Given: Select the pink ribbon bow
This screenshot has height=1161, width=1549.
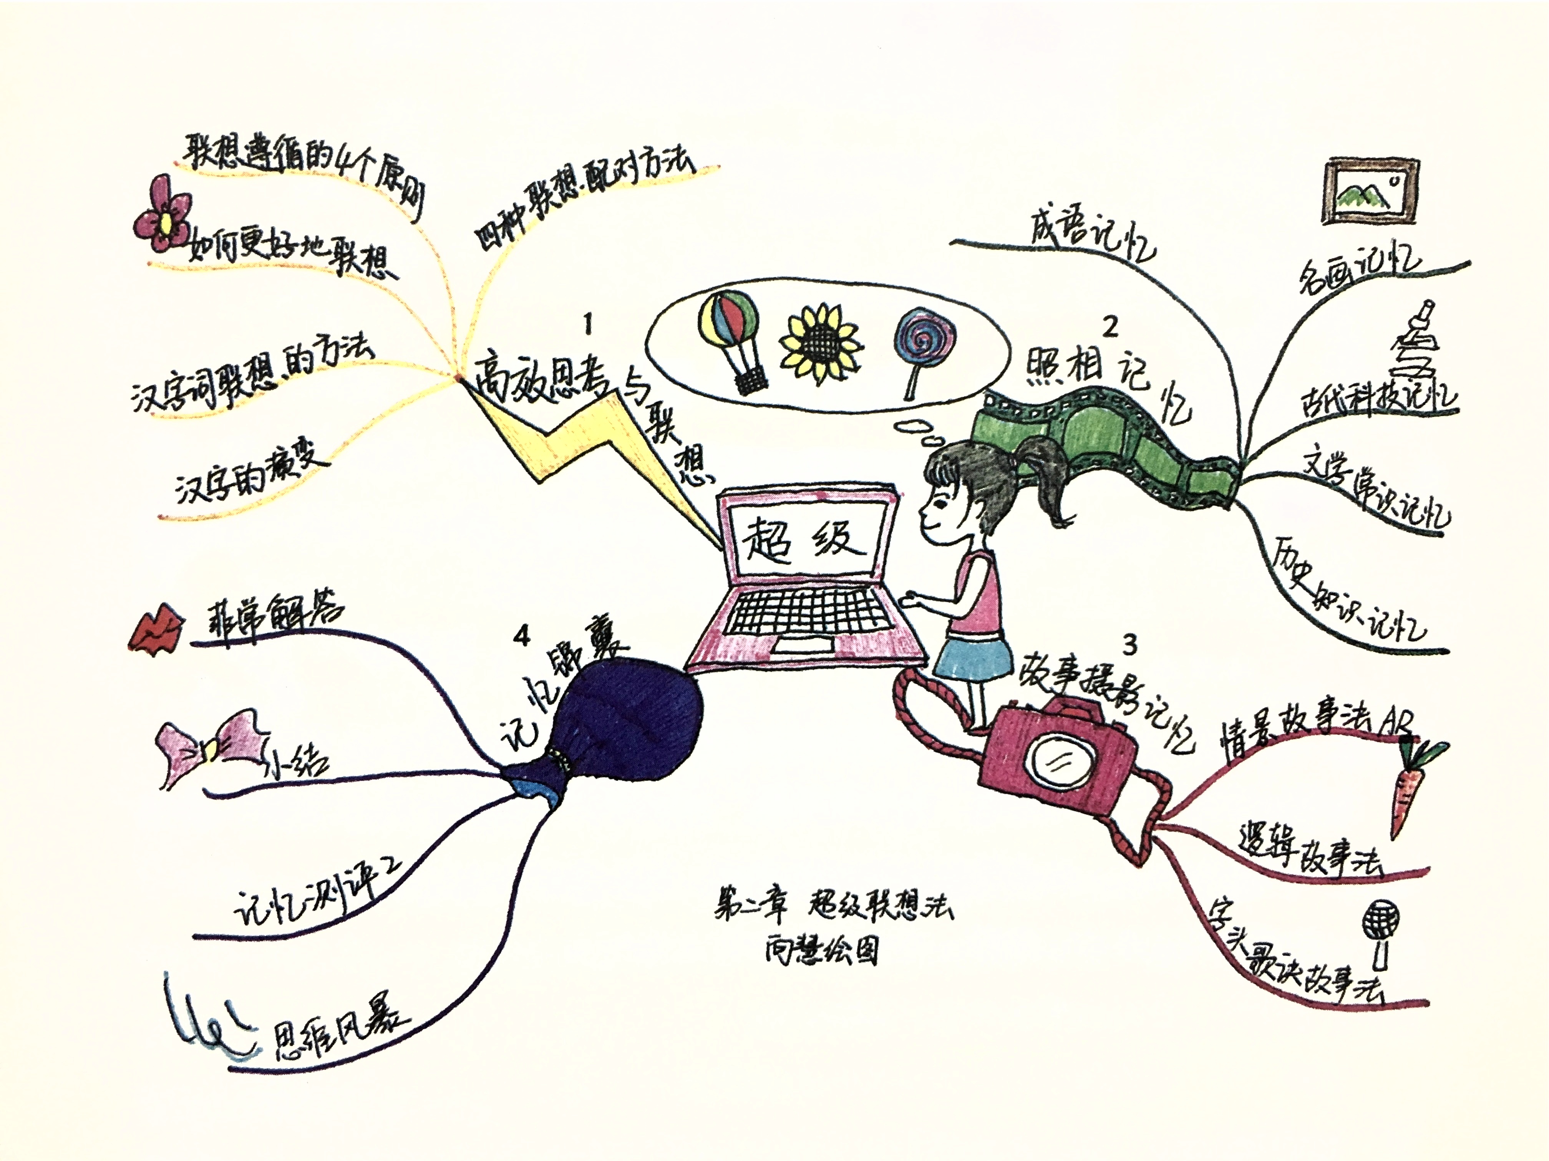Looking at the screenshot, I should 210,746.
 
